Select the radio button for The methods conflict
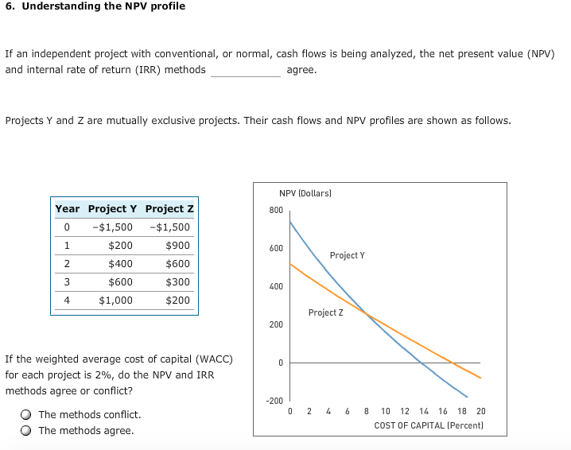26,414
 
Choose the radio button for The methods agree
26,431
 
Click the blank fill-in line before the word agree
245,70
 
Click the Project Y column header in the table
112,208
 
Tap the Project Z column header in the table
169,208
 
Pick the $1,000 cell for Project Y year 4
115,301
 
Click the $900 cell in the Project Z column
177,245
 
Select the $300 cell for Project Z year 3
177,281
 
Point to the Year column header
68,208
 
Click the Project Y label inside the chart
347,255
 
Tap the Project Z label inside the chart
325,312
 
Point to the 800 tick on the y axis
275,211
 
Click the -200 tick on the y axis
274,401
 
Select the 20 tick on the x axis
480,411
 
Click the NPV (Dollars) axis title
305,193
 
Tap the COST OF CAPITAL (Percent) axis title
429,425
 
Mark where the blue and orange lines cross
367,314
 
